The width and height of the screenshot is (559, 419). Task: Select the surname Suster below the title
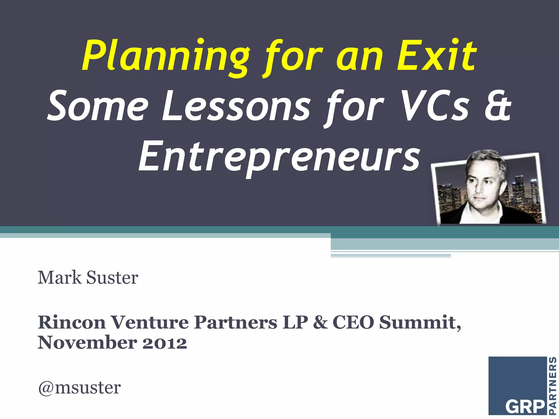[112, 278]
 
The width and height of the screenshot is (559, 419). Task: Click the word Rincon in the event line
[72, 322]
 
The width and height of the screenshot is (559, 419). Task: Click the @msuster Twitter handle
[79, 387]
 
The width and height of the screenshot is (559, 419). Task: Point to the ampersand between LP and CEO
[320, 322]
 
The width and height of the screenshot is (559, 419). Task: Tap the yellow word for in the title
[293, 56]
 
